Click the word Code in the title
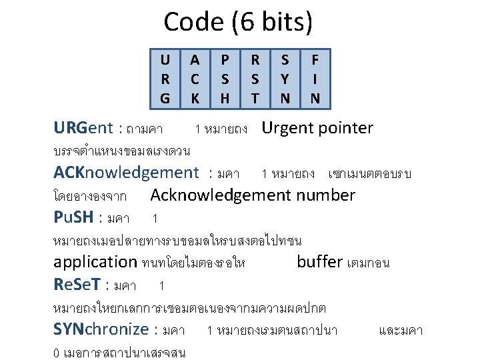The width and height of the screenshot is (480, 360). point(193,22)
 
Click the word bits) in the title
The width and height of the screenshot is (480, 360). point(286,22)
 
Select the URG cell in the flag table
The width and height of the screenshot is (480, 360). point(165,79)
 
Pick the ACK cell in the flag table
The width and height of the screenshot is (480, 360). point(195,79)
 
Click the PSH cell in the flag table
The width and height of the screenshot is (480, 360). point(225,79)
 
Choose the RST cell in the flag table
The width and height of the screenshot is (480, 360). point(255,79)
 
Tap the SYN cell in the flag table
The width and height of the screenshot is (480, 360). point(285,79)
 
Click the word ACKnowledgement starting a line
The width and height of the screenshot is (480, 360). point(126,173)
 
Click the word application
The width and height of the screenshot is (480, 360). point(95,262)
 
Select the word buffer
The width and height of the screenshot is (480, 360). point(320,262)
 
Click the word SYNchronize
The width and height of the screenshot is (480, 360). point(101,329)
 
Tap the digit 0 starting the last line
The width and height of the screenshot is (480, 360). point(56,351)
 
